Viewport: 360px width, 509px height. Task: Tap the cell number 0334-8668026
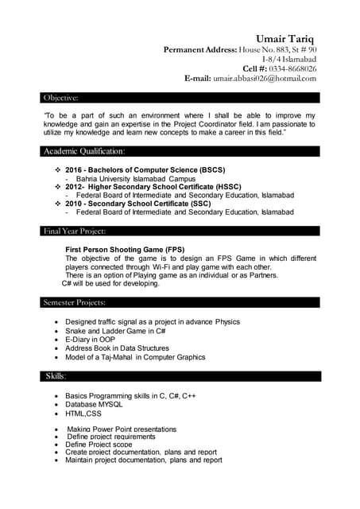290,68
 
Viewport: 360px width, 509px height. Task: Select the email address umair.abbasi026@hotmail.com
265,79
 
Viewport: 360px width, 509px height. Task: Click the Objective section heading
61,98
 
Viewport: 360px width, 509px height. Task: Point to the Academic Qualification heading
84,151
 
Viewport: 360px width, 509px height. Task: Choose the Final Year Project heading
75,231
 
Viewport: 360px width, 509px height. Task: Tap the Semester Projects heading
75,302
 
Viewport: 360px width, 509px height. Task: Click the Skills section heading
55,375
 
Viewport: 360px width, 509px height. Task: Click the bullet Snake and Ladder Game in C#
115,330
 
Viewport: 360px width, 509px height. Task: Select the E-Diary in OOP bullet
90,339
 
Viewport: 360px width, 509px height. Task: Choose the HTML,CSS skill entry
83,414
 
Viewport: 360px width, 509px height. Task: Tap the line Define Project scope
99,444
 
